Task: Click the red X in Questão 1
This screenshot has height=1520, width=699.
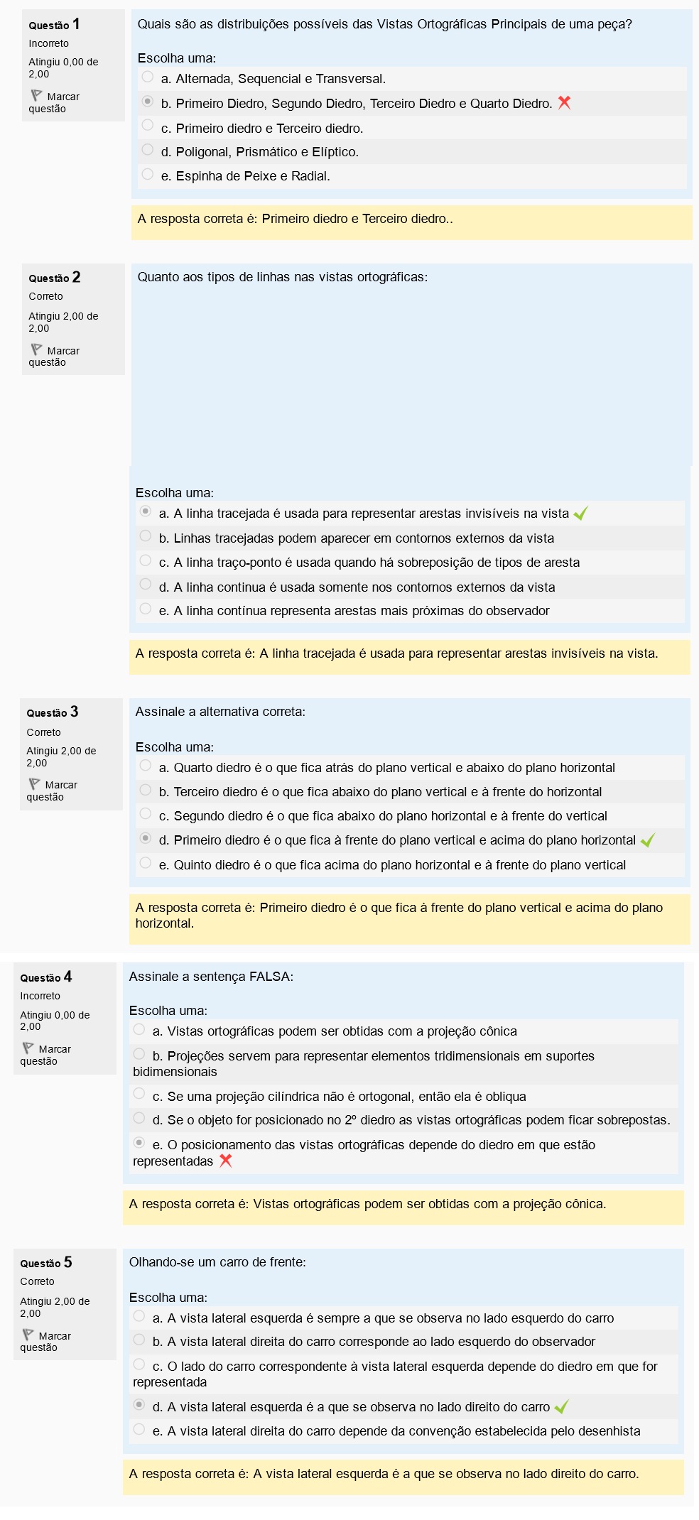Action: tap(565, 102)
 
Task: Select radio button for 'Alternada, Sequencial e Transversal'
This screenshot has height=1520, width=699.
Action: tap(148, 77)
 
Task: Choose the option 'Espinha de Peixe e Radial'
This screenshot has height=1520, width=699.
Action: tap(148, 174)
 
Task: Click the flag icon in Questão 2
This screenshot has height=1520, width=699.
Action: tap(36, 349)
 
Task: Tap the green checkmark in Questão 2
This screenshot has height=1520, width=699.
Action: tap(580, 514)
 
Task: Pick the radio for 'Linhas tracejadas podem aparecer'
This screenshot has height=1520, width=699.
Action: tap(146, 536)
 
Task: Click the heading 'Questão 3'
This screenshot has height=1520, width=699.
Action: tap(53, 712)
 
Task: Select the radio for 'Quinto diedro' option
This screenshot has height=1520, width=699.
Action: tap(146, 863)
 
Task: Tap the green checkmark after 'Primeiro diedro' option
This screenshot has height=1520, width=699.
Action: tap(647, 840)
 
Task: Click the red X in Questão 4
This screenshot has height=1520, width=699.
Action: tap(226, 1161)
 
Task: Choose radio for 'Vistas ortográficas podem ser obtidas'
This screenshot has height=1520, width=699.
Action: tap(139, 1029)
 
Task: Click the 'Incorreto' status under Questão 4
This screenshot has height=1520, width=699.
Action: tap(40, 996)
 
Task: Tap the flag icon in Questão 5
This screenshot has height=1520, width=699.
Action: tap(28, 1335)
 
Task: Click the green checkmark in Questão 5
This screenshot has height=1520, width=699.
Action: tap(561, 1406)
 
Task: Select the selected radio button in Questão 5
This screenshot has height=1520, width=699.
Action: tap(139, 1404)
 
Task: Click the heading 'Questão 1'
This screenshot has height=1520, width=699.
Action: tap(54, 25)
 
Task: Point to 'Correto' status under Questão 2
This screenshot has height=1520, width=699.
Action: tap(45, 296)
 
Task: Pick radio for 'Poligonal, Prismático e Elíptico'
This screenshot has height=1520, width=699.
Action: tap(148, 150)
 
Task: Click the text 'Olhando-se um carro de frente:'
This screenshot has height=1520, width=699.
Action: tap(217, 1262)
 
